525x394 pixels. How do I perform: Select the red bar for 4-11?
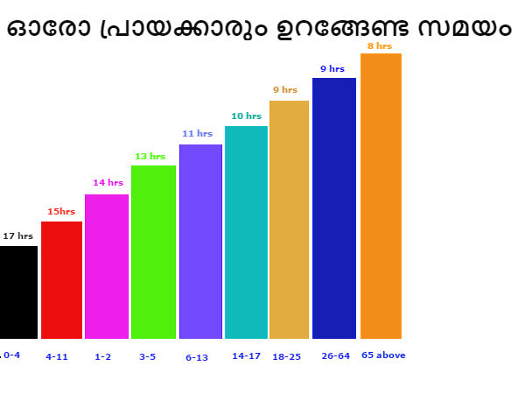[x=61, y=279]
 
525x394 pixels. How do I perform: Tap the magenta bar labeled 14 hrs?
[x=107, y=266]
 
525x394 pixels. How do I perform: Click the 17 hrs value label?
[x=17, y=236]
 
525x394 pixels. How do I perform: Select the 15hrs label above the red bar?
[x=61, y=212]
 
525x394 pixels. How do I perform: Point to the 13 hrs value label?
[x=150, y=157]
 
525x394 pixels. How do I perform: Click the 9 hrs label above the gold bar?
[x=285, y=90]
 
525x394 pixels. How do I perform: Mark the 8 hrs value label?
[x=379, y=46]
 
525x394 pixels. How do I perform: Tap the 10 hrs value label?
[x=246, y=116]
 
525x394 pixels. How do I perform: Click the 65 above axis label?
[x=383, y=355]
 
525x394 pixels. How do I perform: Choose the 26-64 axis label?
[x=335, y=356]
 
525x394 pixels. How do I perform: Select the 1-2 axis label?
[x=103, y=357]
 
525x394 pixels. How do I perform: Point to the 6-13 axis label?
[x=197, y=357]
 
